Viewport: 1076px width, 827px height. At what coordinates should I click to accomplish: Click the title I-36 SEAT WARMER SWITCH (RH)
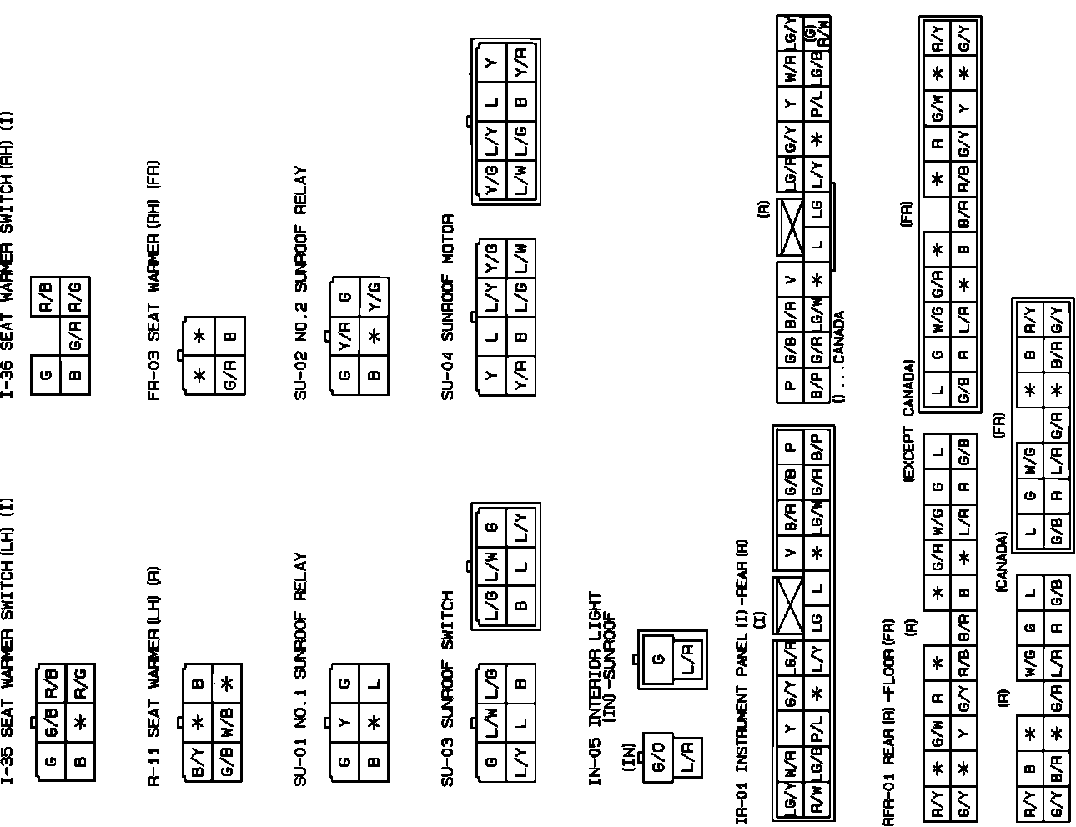point(9,254)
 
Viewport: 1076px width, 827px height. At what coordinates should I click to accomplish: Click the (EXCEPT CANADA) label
point(909,421)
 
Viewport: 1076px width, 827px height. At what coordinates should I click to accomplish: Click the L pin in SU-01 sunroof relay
point(374,684)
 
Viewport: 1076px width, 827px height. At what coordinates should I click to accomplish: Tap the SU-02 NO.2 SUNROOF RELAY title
point(301,283)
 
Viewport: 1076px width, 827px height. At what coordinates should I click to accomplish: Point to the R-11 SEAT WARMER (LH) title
point(154,675)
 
